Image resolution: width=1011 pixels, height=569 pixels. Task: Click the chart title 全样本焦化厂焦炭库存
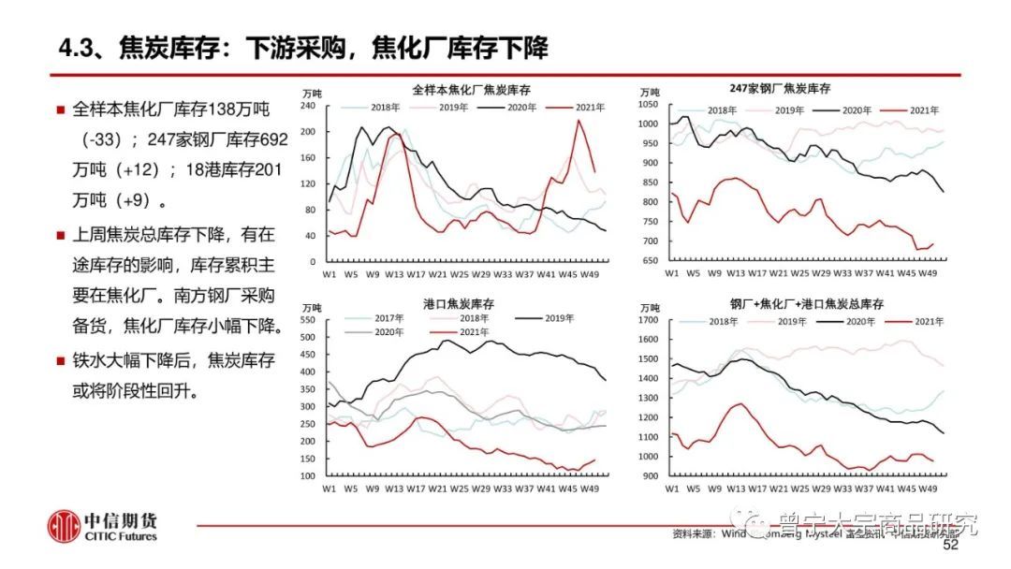[x=472, y=90]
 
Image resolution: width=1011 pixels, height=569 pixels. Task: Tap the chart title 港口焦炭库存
[x=461, y=303]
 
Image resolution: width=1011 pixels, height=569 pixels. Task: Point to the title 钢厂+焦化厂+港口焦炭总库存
[x=807, y=304]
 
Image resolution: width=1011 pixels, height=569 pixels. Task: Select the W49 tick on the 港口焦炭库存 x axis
[x=589, y=488]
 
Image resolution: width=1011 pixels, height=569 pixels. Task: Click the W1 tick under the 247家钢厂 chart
[x=671, y=273]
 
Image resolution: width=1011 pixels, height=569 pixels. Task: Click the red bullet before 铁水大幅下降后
[x=61, y=359]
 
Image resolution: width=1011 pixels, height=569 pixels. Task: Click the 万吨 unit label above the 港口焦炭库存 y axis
[x=312, y=306]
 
